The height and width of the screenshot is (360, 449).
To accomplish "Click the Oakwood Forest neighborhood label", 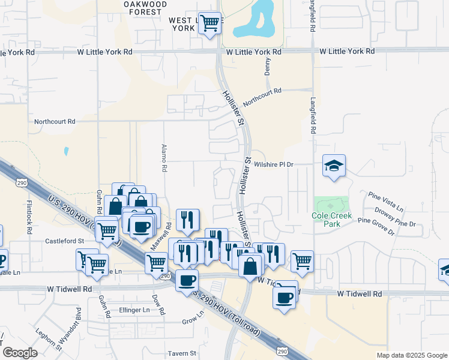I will tap(145, 8).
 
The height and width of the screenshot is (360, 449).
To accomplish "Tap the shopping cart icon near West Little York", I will tap(209, 24).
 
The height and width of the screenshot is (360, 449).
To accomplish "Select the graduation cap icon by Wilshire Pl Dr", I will tap(334, 166).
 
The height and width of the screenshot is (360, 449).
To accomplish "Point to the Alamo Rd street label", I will tap(163, 158).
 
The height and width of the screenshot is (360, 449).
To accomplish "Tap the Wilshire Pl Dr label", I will tap(273, 164).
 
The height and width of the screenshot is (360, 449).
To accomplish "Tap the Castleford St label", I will tap(65, 241).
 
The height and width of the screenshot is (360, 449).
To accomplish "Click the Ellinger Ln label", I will tap(134, 310).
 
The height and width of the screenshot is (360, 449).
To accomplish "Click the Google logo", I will tap(20, 353).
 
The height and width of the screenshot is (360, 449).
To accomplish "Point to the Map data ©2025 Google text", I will tap(411, 355).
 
